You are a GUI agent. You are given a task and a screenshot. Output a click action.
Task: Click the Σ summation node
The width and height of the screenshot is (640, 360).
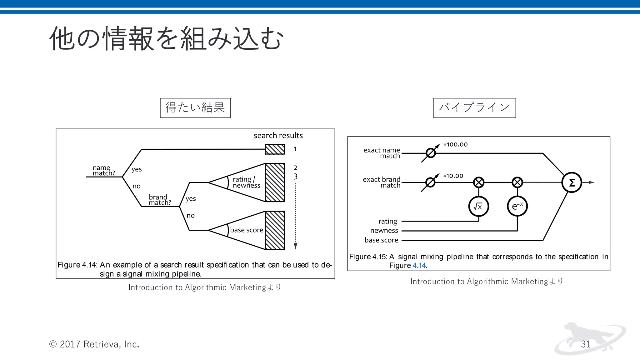pyautogui.click(x=572, y=182)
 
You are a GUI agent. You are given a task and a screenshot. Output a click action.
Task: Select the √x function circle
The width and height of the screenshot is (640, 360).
pyautogui.click(x=478, y=206)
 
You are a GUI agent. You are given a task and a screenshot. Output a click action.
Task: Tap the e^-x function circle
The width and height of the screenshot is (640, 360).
pyautogui.click(x=517, y=206)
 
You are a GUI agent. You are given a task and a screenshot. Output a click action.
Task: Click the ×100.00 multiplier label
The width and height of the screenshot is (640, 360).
pyautogui.click(x=455, y=145)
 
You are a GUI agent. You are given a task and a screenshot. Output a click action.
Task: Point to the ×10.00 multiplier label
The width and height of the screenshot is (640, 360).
pyautogui.click(x=453, y=176)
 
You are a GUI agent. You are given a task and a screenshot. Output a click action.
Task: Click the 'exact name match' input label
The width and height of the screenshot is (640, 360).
pyautogui.click(x=382, y=153)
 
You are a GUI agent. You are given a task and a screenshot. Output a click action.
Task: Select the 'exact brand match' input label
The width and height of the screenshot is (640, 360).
pyautogui.click(x=382, y=182)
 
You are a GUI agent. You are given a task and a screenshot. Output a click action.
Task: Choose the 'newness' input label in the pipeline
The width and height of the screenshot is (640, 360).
pyautogui.click(x=384, y=231)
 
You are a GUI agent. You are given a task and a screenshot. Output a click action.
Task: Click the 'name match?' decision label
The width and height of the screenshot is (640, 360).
pyautogui.click(x=103, y=171)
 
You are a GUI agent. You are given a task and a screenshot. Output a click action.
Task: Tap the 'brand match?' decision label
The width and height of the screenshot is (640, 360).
pyautogui.click(x=160, y=200)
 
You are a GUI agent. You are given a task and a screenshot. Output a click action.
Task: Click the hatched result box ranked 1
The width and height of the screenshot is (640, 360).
pyautogui.click(x=275, y=149)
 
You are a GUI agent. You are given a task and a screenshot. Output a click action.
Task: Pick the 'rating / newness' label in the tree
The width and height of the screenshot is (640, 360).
pyautogui.click(x=246, y=182)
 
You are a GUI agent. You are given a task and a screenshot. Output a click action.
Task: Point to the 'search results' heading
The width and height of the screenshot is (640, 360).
pyautogui.click(x=278, y=136)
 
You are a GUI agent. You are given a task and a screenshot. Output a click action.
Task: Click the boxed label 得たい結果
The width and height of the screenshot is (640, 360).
pyautogui.click(x=195, y=108)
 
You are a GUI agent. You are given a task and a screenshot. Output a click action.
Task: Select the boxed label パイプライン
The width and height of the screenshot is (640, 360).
pyautogui.click(x=474, y=108)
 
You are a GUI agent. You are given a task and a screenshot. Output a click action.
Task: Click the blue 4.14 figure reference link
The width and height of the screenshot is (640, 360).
pyautogui.click(x=419, y=266)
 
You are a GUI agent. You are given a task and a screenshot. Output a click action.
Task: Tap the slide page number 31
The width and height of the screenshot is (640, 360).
pyautogui.click(x=586, y=344)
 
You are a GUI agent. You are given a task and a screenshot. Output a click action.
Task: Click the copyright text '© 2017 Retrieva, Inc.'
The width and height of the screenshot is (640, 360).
pyautogui.click(x=94, y=344)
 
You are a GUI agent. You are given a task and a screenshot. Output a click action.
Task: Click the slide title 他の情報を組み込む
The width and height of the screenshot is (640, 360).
pyautogui.click(x=167, y=39)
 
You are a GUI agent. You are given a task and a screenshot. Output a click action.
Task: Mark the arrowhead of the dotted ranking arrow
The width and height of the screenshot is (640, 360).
pyautogui.click(x=295, y=246)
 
